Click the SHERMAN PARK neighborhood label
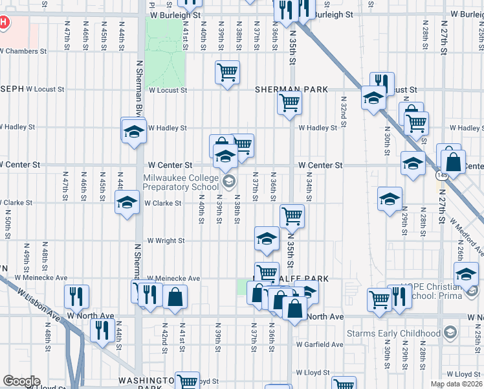click(291, 89)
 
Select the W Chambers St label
click(23, 51)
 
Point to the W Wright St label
click(166, 241)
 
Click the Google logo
click(21, 381)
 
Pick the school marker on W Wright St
click(267, 239)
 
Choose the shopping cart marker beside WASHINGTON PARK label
click(187, 381)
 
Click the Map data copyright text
click(456, 384)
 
